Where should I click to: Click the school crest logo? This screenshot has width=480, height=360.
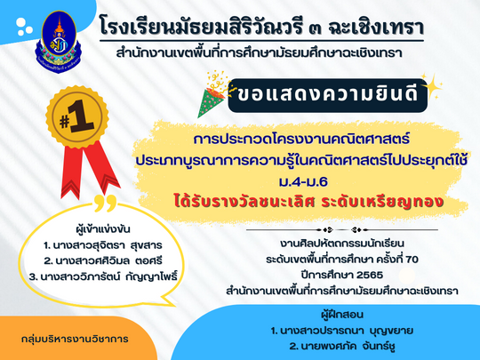59,42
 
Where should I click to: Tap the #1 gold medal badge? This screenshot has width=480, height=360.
76,117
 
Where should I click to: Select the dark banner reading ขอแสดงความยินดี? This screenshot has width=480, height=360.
327,95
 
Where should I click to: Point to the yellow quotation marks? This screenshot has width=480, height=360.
106,204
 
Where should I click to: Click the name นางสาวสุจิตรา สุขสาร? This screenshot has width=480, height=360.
103,245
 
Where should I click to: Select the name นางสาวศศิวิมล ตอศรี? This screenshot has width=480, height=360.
103,261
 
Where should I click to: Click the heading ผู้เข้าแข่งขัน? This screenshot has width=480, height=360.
103,229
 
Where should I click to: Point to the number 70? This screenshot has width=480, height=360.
412,260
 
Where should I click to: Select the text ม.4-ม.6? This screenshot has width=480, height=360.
303,182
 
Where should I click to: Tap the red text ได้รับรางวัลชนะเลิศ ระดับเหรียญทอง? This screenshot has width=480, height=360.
308,202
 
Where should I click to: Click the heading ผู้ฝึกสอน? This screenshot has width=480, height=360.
342,315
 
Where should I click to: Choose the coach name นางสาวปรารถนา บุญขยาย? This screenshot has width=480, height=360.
342,331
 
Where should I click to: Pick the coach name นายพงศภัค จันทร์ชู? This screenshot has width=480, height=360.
342,347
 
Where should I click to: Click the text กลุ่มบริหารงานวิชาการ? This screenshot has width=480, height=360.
75,340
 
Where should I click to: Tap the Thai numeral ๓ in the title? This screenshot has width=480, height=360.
314,28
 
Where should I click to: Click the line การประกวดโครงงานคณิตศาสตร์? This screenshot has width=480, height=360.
301,140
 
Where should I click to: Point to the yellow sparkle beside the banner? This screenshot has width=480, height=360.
432,86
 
